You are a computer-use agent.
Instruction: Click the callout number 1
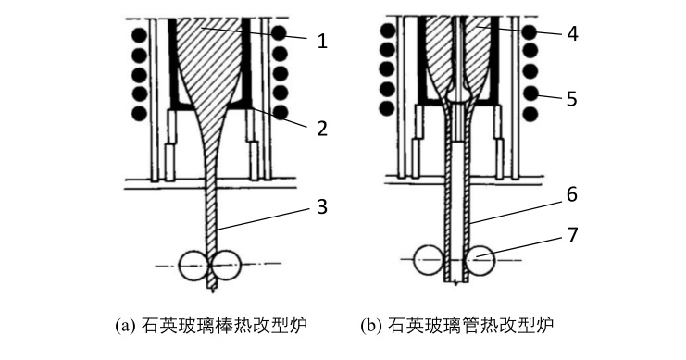click(322, 41)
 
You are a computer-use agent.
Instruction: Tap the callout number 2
click(322, 129)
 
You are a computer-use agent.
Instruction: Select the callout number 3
click(322, 206)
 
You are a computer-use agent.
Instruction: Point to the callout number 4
click(572, 33)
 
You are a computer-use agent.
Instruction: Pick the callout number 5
click(572, 99)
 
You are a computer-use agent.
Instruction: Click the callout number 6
click(572, 194)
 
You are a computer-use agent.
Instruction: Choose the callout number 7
click(572, 235)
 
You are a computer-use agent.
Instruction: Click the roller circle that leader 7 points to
click(480, 261)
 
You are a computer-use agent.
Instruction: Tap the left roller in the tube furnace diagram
click(430, 261)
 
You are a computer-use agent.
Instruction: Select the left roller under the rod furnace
click(194, 265)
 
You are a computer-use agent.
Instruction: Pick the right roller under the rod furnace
click(226, 265)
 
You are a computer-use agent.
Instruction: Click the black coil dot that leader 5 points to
click(530, 93)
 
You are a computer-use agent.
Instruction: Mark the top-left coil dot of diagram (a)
click(140, 34)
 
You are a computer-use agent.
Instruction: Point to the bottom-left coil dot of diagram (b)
click(388, 108)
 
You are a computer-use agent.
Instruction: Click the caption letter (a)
click(123, 326)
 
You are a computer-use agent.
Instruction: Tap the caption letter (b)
click(369, 326)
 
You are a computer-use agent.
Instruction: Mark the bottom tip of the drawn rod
click(213, 291)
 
